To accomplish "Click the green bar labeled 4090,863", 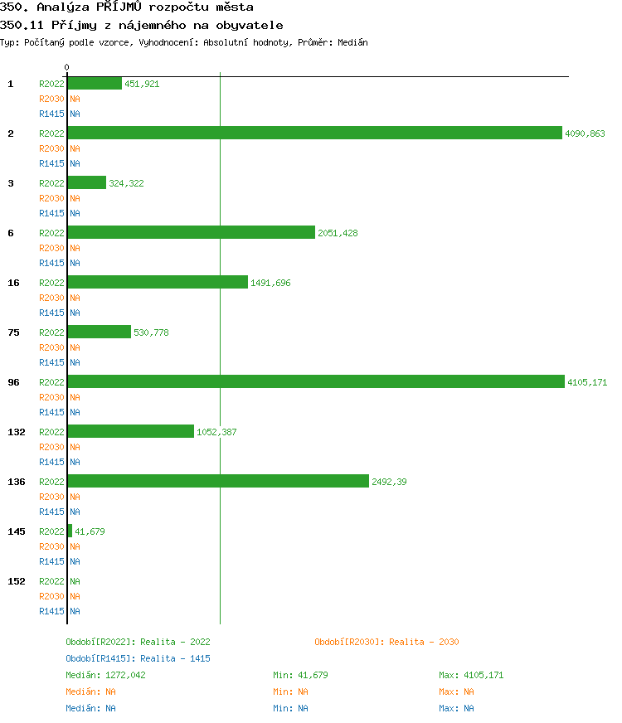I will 314,133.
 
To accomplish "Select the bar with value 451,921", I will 95,83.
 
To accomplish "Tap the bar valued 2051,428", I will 191,232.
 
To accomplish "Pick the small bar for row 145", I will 70,531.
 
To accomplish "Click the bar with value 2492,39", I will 218,481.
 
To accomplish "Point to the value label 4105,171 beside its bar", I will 587,382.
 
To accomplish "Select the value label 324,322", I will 126,183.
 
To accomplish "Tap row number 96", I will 13,382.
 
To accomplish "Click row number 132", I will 17,432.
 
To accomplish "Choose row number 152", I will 17,581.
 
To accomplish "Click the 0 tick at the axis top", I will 67,67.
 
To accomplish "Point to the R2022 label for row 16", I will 51,283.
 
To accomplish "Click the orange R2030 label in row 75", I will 51,347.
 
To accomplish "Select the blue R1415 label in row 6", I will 51,263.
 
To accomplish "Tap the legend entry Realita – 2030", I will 386,642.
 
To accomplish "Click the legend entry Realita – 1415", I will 138,658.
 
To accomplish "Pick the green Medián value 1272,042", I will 125,675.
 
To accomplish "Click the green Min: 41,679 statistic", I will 300,675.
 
